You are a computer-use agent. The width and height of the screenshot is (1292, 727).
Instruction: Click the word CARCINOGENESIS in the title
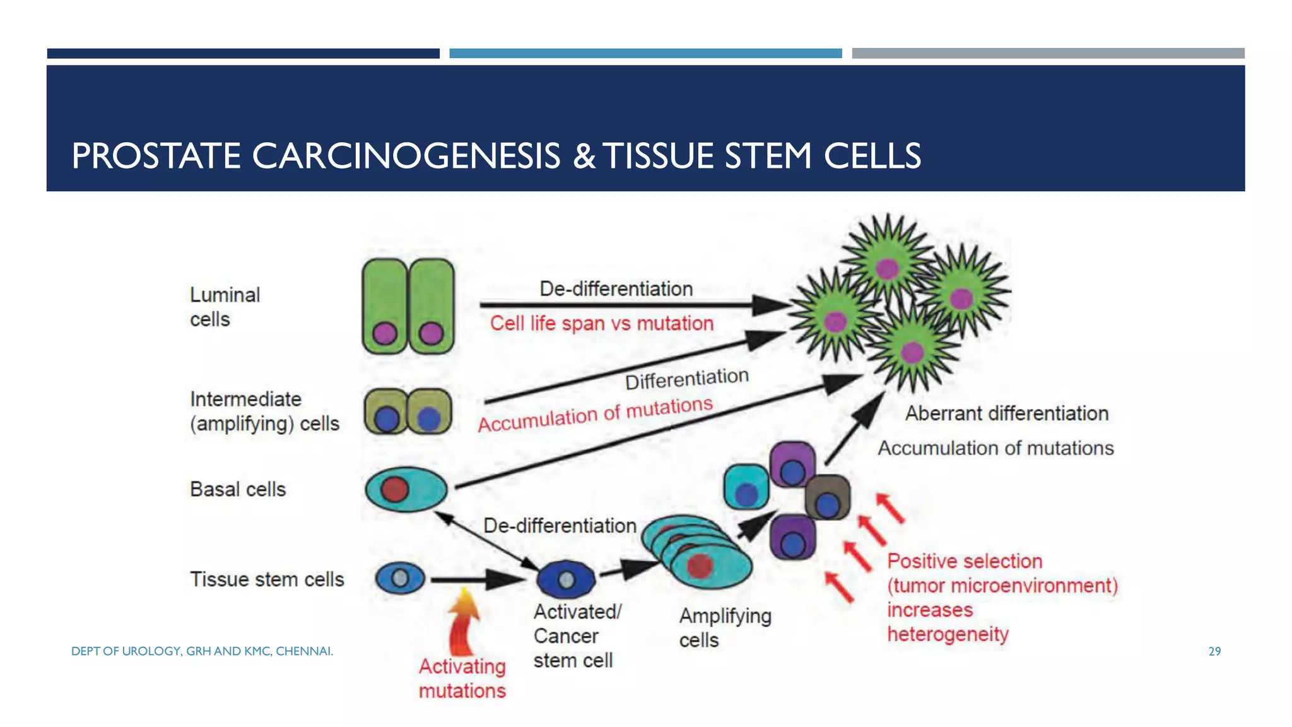pos(406,156)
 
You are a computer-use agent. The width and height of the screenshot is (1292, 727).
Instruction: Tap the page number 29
pos(1214,651)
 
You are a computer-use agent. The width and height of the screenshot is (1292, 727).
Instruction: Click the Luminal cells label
pos(225,307)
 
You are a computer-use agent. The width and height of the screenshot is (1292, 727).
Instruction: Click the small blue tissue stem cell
pos(400,578)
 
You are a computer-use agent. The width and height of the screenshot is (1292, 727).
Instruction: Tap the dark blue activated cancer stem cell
pos(566,579)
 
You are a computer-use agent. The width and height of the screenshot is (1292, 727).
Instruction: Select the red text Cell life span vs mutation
pos(601,324)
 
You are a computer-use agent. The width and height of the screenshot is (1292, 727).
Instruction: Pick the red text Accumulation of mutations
pos(595,415)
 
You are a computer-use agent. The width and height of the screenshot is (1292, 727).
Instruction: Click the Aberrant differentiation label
pos(1007,413)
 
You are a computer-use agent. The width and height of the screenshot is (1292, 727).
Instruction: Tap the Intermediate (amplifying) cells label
pos(264,411)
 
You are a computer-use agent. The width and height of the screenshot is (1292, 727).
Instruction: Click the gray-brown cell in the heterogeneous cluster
pos(828,497)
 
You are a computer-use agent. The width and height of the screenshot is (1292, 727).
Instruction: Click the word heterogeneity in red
pos(948,634)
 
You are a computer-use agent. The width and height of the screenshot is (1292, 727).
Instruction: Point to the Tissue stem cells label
pos(267,579)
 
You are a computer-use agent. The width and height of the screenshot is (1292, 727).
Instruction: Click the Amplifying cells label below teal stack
pos(725,627)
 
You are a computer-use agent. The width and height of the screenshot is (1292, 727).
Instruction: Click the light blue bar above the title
pos(645,54)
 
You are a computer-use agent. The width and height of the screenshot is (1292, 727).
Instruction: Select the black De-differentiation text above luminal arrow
pos(616,289)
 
